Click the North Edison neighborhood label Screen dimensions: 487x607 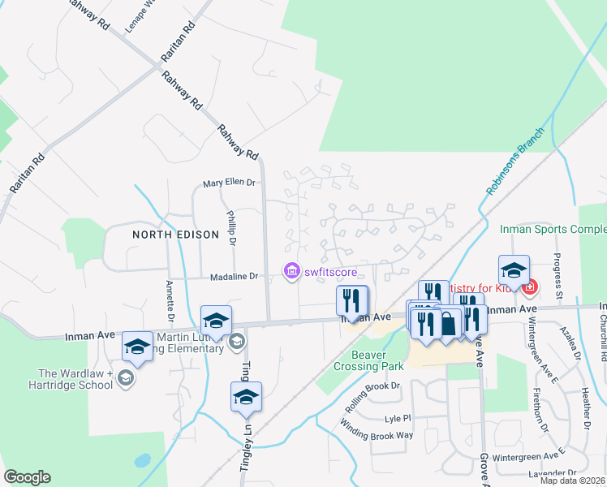(x=176, y=235)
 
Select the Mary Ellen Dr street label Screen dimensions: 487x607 (x=229, y=183)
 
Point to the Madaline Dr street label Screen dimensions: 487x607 (x=231, y=277)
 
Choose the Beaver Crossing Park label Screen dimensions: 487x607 (x=377, y=360)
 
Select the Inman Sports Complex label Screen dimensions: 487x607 (x=553, y=230)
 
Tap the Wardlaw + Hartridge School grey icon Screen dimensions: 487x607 (x=126, y=377)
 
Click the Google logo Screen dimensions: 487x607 (x=27, y=477)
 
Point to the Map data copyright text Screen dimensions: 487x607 (x=573, y=481)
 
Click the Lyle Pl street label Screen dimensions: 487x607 (x=398, y=418)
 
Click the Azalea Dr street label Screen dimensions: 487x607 (x=571, y=343)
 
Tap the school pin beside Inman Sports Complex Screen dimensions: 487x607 (x=514, y=269)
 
